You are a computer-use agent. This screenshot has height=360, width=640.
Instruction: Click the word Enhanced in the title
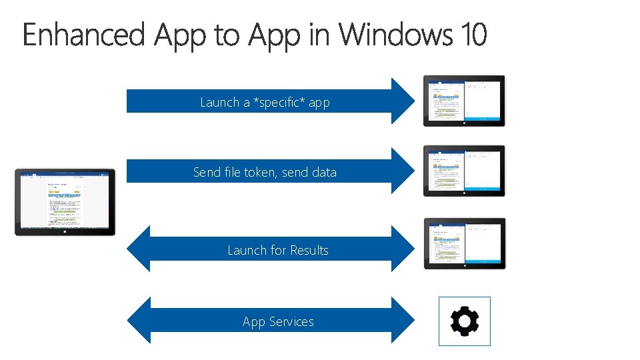[83, 35]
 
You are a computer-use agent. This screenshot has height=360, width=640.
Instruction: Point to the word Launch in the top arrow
[219, 103]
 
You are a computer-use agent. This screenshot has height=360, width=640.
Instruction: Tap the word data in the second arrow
[323, 173]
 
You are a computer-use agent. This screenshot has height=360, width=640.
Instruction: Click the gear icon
[465, 322]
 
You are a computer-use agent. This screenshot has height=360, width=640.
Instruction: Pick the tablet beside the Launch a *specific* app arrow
[464, 101]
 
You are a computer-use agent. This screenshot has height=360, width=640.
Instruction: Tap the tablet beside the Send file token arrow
[464, 171]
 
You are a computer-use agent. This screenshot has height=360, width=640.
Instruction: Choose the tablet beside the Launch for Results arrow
[464, 243]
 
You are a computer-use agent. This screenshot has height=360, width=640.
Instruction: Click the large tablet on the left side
[65, 202]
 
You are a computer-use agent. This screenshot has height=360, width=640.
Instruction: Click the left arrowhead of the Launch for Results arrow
[138, 249]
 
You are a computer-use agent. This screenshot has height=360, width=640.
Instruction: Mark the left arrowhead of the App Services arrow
[138, 320]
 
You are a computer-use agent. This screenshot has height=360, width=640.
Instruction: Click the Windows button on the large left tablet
[65, 231]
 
